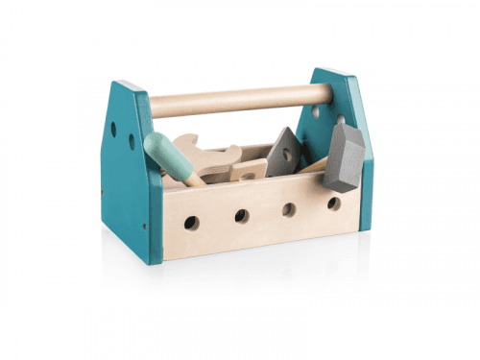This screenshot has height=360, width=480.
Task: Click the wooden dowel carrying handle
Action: [240, 97]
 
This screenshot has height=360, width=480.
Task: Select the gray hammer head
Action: [345, 156]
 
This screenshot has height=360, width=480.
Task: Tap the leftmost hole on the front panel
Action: [192, 223]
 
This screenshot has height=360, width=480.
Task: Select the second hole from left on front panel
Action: [242, 216]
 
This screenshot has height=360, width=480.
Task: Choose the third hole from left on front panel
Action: [289, 209]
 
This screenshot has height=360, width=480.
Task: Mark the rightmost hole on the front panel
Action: [333, 204]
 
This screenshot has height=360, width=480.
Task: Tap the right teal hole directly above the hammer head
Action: [341, 119]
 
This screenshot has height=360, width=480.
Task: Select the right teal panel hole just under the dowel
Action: [316, 110]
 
